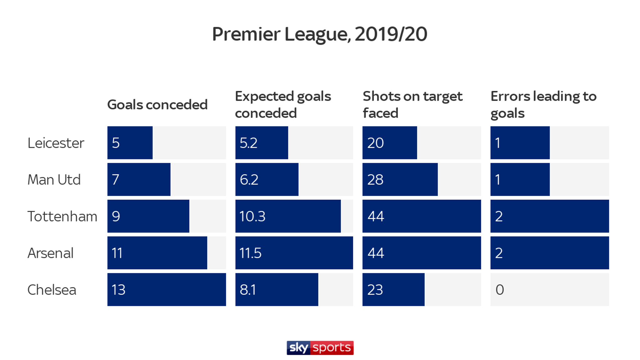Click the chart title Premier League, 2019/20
click(319, 34)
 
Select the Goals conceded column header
click(157, 105)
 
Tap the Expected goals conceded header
click(283, 105)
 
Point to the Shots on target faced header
click(412, 105)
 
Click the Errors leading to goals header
click(543, 105)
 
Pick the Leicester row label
click(56, 143)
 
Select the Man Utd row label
click(54, 180)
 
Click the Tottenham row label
click(62, 216)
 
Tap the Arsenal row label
click(50, 253)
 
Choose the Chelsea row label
click(52, 290)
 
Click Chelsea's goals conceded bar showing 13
click(167, 290)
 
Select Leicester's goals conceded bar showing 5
click(130, 143)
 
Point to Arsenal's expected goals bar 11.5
click(294, 253)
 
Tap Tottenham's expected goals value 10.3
click(252, 216)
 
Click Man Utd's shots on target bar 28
click(400, 179)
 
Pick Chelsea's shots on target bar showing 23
click(393, 290)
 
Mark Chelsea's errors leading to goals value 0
click(500, 290)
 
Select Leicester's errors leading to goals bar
click(520, 143)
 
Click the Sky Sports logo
click(320, 348)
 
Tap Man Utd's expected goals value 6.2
click(249, 180)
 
